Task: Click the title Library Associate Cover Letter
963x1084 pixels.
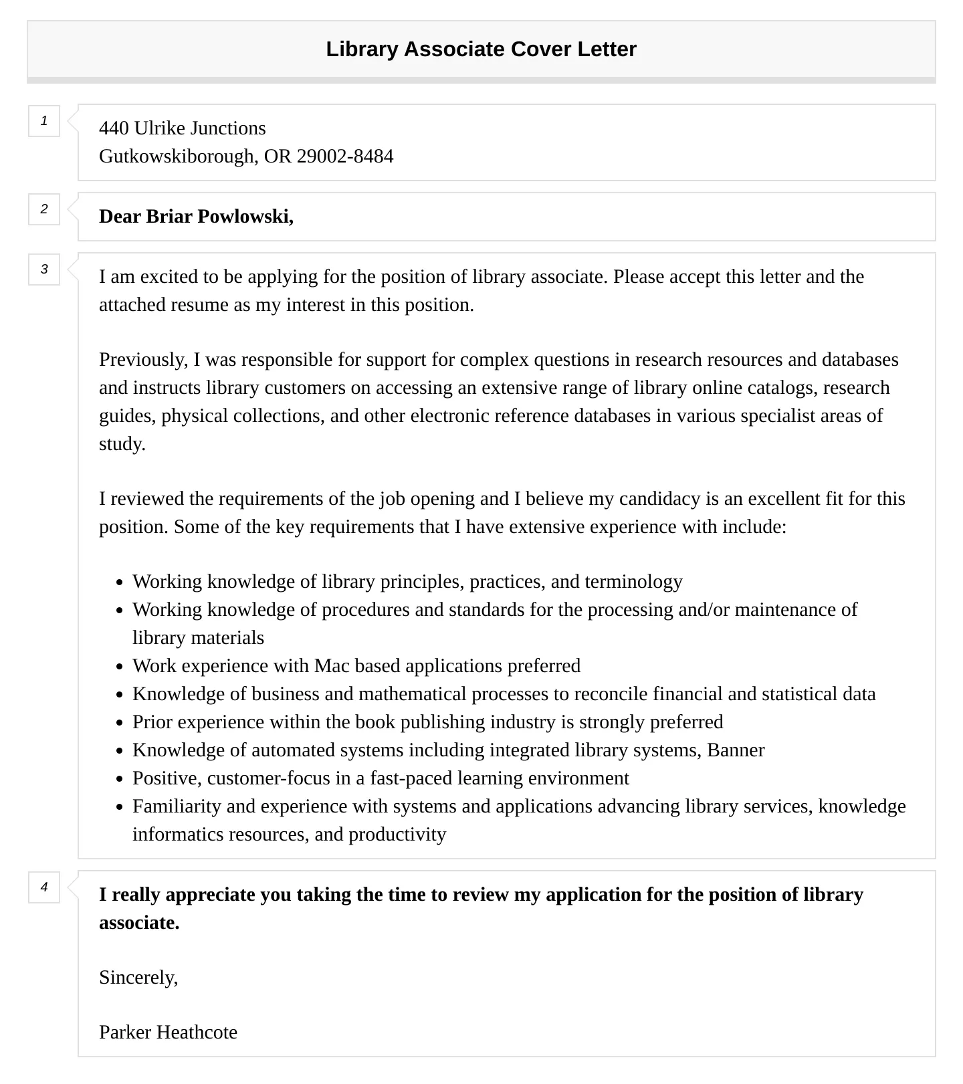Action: tap(481, 49)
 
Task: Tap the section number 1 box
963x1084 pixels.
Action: tap(44, 121)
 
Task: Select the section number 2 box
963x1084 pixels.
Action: tap(44, 209)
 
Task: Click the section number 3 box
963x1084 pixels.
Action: tap(44, 269)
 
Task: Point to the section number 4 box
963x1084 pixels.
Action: tap(44, 887)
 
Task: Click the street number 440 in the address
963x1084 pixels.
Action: tap(114, 128)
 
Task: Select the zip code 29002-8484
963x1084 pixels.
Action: tap(345, 156)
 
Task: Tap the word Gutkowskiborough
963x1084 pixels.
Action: tap(177, 156)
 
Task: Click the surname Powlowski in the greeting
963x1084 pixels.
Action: tap(245, 217)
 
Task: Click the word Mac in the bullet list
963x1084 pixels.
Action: tap(332, 666)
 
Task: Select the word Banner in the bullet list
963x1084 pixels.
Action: tap(736, 750)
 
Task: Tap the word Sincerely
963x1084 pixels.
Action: tap(138, 978)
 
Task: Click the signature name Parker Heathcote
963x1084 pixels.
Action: tap(168, 1033)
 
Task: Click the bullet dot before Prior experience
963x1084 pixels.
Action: tap(120, 723)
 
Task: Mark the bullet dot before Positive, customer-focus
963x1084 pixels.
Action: tap(120, 779)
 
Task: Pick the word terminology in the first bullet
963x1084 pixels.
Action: tap(633, 582)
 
